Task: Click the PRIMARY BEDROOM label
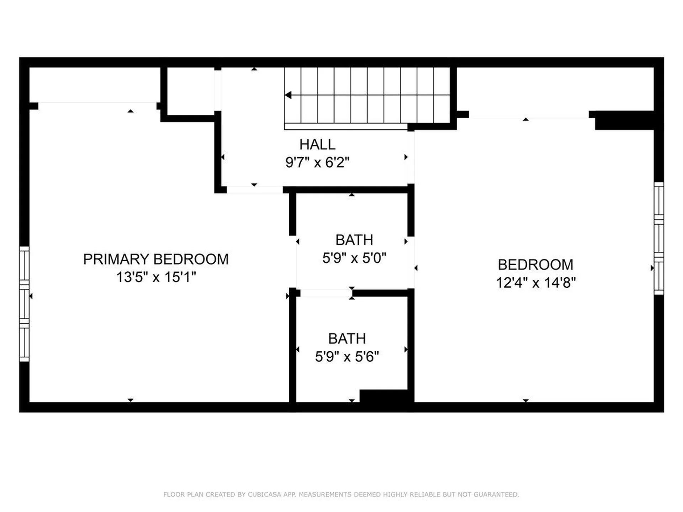coord(156,259)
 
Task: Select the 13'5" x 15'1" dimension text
coord(156,277)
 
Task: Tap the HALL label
coord(317,144)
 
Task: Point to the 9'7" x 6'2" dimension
coord(317,162)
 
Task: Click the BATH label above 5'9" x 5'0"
coord(354,240)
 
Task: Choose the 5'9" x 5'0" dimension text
coord(354,258)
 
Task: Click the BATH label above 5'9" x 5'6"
coord(347,338)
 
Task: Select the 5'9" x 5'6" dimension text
coord(347,356)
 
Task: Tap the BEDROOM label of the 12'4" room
coord(535,265)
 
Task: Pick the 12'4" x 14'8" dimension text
coord(536,283)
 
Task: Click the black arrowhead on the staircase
coord(288,95)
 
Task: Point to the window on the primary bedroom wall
coord(24,304)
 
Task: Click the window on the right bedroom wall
coord(659,238)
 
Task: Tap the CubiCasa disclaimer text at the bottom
coord(341,494)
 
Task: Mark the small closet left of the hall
coord(191,91)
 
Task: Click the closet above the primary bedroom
coord(95,85)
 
